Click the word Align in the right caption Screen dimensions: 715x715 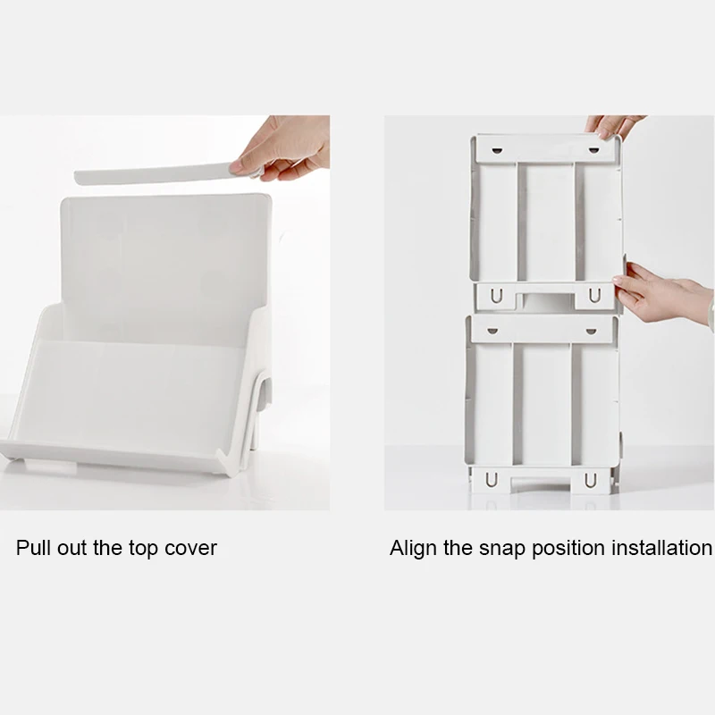tap(414, 548)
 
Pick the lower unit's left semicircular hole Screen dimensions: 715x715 tap(490, 331)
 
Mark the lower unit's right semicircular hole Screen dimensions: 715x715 tap(590, 331)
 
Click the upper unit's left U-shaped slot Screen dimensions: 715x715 tap(491, 296)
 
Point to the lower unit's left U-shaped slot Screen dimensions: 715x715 tap(491, 481)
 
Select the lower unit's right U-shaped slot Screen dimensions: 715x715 tap(590, 481)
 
